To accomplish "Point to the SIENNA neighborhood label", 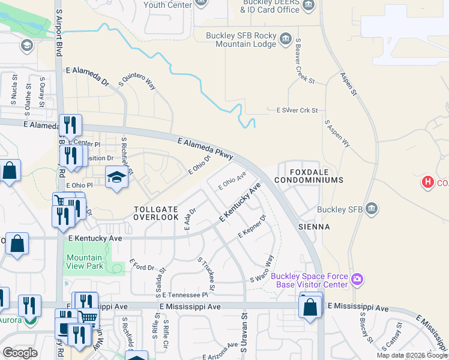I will (x=314, y=227).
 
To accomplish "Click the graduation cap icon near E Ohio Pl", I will (x=116, y=177).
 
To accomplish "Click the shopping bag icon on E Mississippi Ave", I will (x=310, y=307).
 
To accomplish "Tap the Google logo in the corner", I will (x=20, y=352).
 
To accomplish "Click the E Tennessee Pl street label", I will (x=188, y=295).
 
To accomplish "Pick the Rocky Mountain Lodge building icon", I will (x=286, y=40).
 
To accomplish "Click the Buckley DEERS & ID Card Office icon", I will (x=309, y=6).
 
